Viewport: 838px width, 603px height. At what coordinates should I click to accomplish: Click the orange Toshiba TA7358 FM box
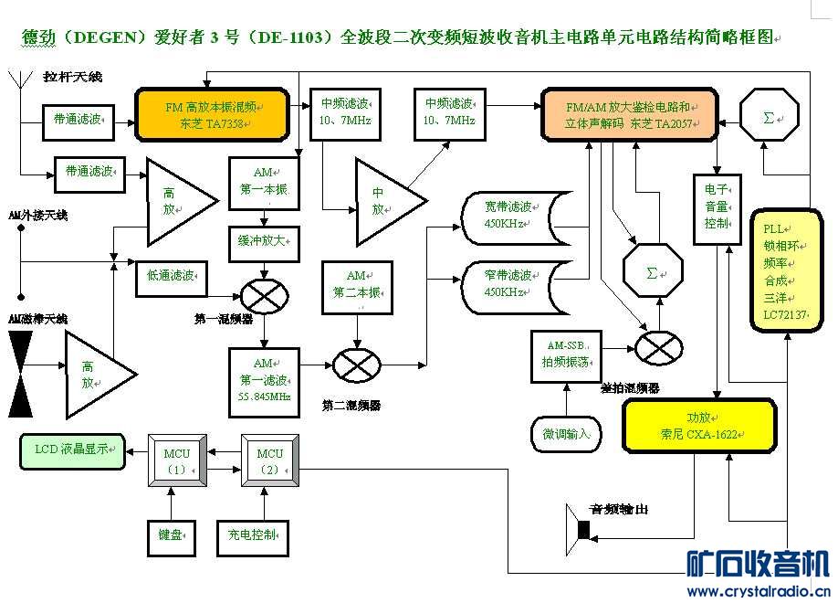[212, 114]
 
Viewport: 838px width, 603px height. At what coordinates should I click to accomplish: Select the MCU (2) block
[269, 462]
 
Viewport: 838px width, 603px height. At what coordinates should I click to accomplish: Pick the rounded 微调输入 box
[567, 433]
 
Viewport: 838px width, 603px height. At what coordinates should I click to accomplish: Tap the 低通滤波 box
[171, 275]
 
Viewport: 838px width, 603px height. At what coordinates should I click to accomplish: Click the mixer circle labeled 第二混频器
[355, 365]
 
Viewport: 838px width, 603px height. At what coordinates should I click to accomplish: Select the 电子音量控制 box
[717, 207]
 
